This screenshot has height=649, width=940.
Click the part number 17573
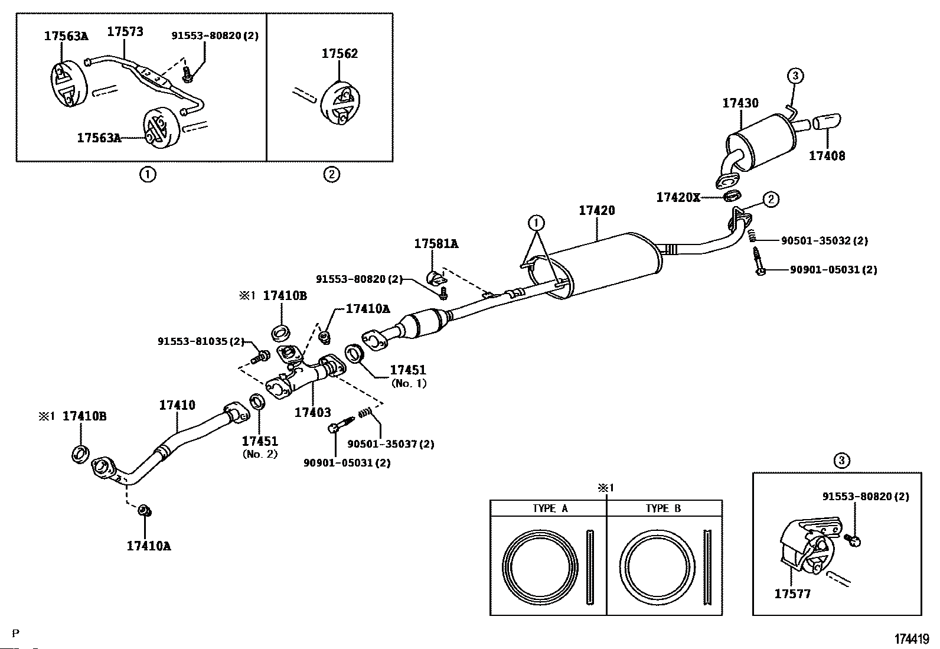click(125, 32)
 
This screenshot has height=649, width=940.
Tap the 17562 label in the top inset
click(340, 54)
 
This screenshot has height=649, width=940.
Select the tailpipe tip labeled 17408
click(827, 121)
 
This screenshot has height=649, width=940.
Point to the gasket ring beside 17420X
click(733, 195)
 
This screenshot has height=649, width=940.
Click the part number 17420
click(597, 210)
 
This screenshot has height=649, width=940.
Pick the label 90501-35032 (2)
click(824, 240)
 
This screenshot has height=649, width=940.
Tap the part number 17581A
click(436, 243)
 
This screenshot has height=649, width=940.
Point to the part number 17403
click(312, 412)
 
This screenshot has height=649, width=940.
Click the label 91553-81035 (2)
click(201, 341)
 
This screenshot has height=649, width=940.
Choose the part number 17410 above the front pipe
click(177, 405)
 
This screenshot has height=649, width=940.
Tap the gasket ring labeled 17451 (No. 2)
click(257, 402)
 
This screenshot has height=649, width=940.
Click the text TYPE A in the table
click(550, 509)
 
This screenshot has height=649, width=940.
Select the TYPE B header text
click(664, 509)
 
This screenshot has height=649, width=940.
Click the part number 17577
click(792, 594)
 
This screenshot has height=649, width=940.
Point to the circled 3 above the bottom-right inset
click(842, 461)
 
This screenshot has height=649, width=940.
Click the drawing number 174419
click(912, 639)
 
